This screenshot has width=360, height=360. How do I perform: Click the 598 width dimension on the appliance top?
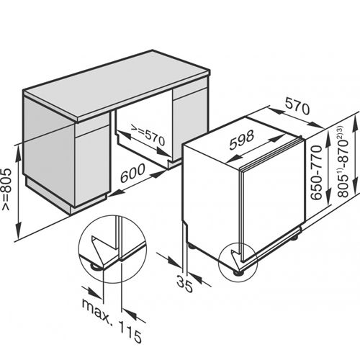[x=242, y=140]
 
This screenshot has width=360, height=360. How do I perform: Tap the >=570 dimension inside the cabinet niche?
[x=148, y=135]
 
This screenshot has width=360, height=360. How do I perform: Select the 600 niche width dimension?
[x=132, y=173]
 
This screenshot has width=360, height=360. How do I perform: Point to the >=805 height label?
[x=6, y=189]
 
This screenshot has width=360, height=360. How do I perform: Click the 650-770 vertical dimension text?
[x=316, y=172]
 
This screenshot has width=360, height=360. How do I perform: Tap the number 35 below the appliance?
[x=185, y=284]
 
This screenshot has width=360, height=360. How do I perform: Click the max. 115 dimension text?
[x=112, y=320]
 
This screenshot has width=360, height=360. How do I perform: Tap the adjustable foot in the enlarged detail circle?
[x=95, y=266]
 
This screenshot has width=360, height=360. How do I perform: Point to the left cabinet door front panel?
[x=92, y=166]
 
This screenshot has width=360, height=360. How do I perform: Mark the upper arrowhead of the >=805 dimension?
[x=18, y=152]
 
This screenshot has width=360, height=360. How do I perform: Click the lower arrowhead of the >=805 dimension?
[x=18, y=230]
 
